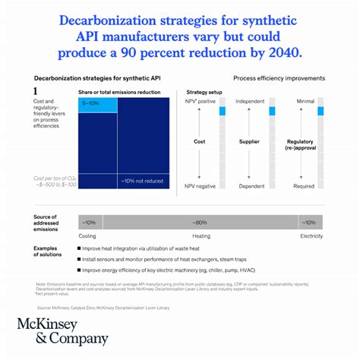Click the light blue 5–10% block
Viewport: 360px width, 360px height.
click(98, 103)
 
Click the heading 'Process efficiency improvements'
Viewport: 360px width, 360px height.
click(279, 78)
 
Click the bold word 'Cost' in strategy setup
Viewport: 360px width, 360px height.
click(200, 141)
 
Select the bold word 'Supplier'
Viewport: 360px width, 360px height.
click(251, 141)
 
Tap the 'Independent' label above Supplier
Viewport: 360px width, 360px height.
click(251, 101)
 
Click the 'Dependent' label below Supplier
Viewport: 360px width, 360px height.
click(251, 186)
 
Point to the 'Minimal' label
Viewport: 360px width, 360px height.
click(305, 101)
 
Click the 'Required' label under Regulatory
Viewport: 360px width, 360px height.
click(305, 186)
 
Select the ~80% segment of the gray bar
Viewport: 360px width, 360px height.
click(201, 223)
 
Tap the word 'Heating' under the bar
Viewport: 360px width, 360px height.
click(201, 236)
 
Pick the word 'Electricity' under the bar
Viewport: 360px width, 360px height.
click(311, 236)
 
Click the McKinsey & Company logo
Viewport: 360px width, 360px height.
click(62, 332)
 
